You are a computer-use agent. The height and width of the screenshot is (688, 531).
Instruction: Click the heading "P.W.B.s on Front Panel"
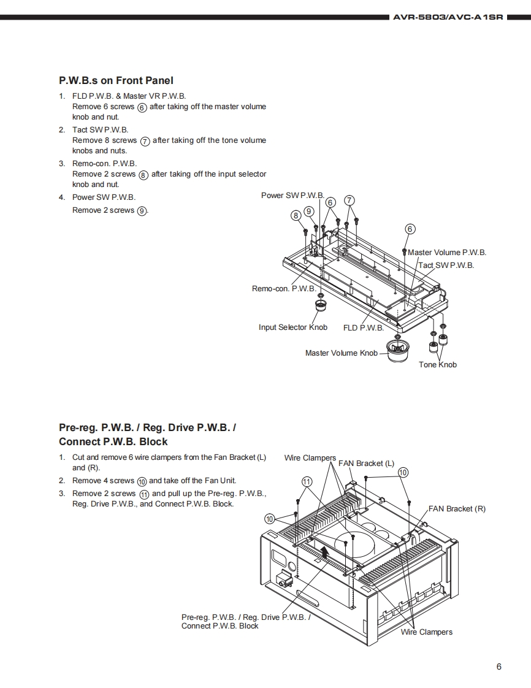point(116,80)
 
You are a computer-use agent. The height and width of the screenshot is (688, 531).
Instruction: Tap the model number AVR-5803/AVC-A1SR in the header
point(448,17)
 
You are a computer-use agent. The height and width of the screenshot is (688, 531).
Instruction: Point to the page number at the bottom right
point(499,667)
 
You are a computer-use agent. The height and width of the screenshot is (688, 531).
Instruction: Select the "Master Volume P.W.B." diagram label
point(447,253)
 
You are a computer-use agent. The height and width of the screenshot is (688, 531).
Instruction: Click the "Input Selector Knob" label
point(293,327)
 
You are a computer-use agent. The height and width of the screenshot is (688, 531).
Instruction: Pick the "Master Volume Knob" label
point(342,353)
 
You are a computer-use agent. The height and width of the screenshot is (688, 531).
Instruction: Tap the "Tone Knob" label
point(438,365)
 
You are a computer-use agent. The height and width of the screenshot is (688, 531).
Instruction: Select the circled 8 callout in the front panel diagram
point(296,215)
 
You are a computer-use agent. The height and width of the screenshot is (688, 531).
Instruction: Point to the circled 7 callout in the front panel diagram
point(350,201)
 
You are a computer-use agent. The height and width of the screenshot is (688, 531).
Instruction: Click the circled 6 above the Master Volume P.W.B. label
point(410,229)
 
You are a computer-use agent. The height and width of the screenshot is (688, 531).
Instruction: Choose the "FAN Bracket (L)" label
point(366,464)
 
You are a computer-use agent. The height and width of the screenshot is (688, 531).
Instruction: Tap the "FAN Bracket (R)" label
point(457,509)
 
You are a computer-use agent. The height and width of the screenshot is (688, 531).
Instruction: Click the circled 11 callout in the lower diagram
point(307,481)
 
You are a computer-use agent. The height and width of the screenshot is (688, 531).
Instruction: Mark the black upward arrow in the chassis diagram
point(325,556)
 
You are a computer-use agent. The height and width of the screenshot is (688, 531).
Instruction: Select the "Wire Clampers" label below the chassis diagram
point(427,632)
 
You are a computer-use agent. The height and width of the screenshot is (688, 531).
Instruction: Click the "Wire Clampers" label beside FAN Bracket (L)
point(310,458)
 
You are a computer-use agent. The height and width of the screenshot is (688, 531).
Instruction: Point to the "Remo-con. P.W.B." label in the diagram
point(284,288)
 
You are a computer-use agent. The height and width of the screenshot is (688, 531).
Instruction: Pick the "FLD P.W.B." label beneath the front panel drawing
point(364,328)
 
